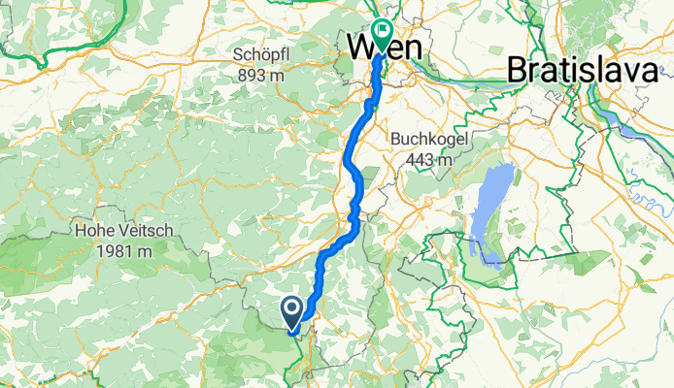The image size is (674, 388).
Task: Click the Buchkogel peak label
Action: tap(428, 139)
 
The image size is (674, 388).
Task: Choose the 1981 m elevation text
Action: tap(122, 249)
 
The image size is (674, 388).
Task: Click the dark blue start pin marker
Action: tap(291, 310)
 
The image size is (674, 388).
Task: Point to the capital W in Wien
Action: tap(360, 47)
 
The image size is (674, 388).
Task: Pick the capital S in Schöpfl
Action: tap(238, 53)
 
